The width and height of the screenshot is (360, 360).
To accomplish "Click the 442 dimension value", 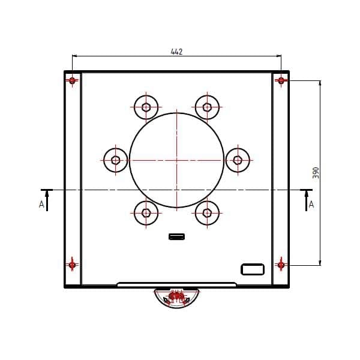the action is tap(176, 52).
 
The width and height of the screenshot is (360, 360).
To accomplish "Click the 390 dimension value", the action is tap(316, 173).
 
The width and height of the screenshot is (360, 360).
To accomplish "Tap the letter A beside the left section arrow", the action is tap(41, 204).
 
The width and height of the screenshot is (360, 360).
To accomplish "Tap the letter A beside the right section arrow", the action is tap(311, 204).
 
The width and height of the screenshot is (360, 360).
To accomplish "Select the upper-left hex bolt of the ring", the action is tap(146, 107).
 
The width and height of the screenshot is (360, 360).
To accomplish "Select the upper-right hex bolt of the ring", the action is tap(207, 107).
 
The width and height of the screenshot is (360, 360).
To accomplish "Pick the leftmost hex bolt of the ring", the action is tap(115, 160).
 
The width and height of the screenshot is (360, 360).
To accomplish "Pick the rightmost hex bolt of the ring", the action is tap(238, 160).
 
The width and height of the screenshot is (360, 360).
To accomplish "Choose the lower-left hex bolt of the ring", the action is tap(146, 213).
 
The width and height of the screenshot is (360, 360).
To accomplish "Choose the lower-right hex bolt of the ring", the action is tap(207, 213).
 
